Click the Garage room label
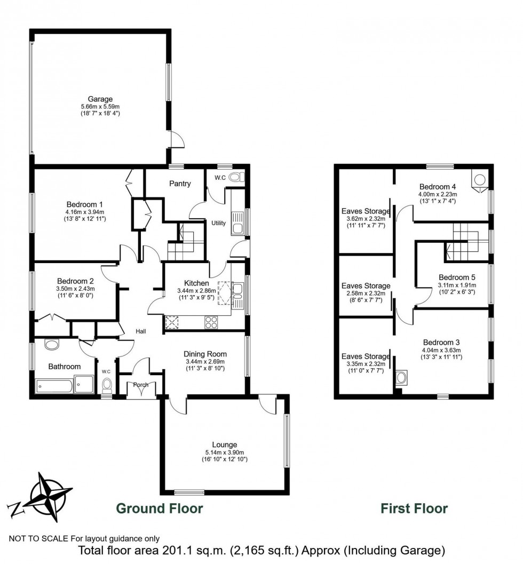pos(100,99)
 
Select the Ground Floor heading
pos(160,508)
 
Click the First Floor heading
pos(414,508)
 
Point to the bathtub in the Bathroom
pos(53,385)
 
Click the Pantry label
pos(180,184)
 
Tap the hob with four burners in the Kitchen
pos(211,322)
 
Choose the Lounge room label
pos(224,444)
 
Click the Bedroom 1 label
pos(84,204)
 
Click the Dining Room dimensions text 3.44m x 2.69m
pos(205,361)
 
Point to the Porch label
pos(141,385)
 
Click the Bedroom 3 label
pos(441,342)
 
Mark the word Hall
pos(141,331)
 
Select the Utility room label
pos(219,223)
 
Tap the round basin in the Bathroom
pos(52,345)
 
